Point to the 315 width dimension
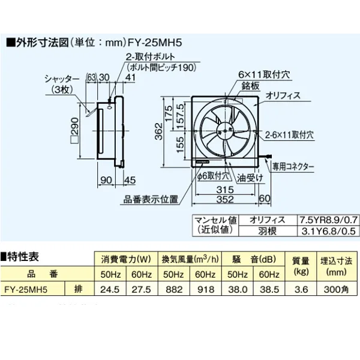(x=227, y=190)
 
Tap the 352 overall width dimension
(x=224, y=201)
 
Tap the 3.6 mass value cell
(x=302, y=289)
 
